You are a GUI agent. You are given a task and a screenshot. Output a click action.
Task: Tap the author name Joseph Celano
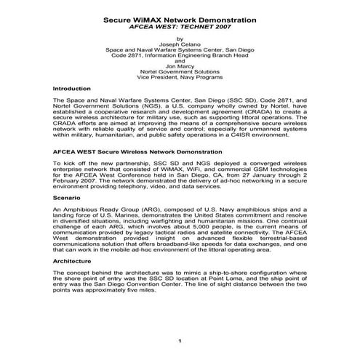click(180, 44)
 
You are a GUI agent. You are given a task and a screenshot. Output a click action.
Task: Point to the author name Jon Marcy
click(180, 66)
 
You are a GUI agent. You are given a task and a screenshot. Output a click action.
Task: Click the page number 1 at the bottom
click(180, 340)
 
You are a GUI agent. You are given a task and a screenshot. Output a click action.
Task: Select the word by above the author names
click(180, 39)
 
